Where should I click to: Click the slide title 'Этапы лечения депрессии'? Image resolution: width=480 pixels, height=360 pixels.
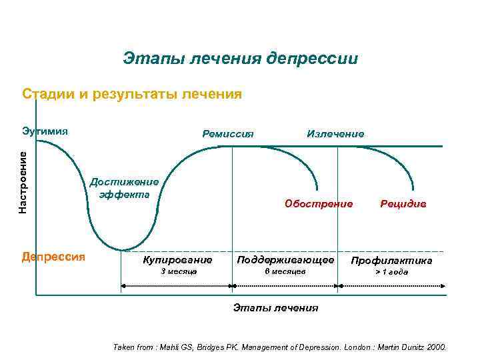pyautogui.click(x=240, y=59)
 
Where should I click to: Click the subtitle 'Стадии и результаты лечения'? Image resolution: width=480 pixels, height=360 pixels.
pyautogui.click(x=131, y=93)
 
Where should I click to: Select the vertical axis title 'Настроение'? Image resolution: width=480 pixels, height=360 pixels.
pyautogui.click(x=23, y=182)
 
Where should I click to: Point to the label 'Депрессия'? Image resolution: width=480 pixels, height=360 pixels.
pyautogui.click(x=53, y=257)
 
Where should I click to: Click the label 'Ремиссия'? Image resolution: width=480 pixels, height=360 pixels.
pyautogui.click(x=227, y=133)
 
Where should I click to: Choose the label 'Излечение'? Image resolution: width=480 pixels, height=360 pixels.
pyautogui.click(x=335, y=133)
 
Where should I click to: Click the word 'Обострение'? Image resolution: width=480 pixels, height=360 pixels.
pyautogui.click(x=319, y=203)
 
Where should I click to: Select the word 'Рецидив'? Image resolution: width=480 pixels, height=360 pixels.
pyautogui.click(x=403, y=203)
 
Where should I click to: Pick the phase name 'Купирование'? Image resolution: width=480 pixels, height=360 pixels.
pyautogui.click(x=177, y=259)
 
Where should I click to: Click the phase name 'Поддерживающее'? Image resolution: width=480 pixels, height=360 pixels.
pyautogui.click(x=285, y=259)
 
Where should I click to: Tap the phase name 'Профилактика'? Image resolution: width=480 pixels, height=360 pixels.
pyautogui.click(x=391, y=260)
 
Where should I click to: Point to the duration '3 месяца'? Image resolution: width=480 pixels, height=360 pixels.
pyautogui.click(x=179, y=272)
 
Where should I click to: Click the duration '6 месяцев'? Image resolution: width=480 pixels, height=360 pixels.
pyautogui.click(x=285, y=272)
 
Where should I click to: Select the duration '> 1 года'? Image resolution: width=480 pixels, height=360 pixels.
pyautogui.click(x=391, y=272)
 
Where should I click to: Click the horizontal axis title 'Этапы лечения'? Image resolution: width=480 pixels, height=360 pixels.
pyautogui.click(x=275, y=308)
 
